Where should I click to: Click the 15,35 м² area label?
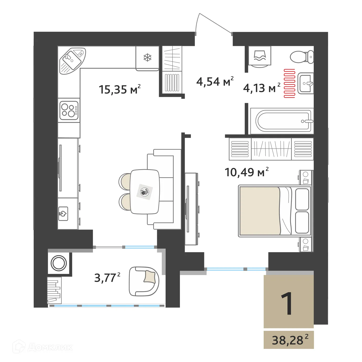pyautogui.click(x=120, y=89)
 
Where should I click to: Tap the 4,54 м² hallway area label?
pyautogui.click(x=215, y=82)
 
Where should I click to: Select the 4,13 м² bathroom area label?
pyautogui.click(x=261, y=88)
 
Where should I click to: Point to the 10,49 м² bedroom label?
pyautogui.click(x=247, y=172)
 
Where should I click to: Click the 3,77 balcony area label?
pyautogui.click(x=107, y=278)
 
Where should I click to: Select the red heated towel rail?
pyautogui.click(x=289, y=83)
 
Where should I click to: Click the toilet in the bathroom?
pyautogui.click(x=302, y=57)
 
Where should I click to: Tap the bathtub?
pyautogui.click(x=282, y=121)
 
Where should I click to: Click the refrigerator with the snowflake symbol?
pyautogui.click(x=147, y=58)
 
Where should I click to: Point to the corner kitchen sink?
pyautogui.click(x=72, y=60)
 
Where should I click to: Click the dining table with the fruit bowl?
pyautogui.click(x=145, y=192)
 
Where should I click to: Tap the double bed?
pyautogui.click(x=274, y=211)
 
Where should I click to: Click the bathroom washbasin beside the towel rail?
pyautogui.click(x=306, y=83)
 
